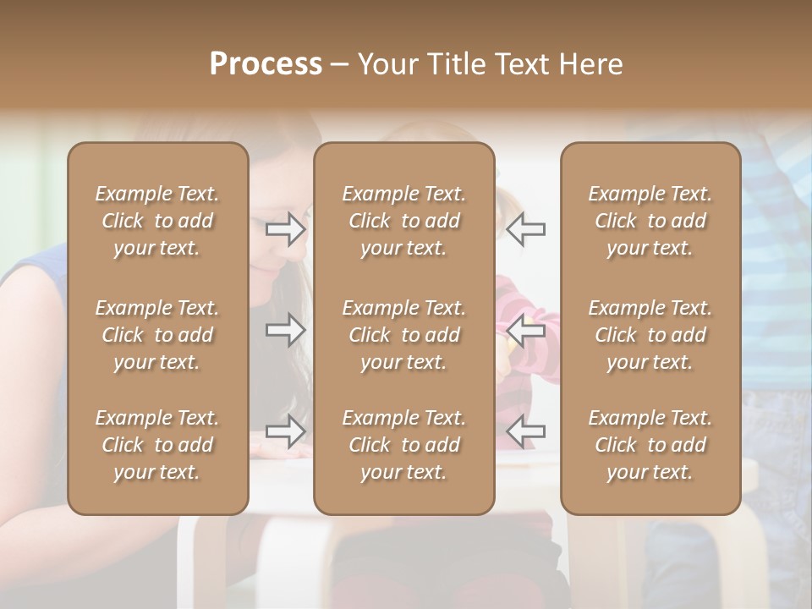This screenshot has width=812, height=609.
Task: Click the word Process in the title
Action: [x=266, y=63]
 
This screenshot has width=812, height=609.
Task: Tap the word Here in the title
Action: [x=590, y=63]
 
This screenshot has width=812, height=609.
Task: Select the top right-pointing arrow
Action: [x=286, y=229]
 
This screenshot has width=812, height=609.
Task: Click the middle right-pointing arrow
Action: [x=286, y=330]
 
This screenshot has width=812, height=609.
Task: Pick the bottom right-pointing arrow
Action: [x=286, y=431]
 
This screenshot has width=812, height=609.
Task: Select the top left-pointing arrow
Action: [x=526, y=229]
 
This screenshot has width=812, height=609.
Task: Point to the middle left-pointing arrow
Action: [x=526, y=330]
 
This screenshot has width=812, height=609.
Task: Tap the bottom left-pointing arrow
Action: [x=526, y=431]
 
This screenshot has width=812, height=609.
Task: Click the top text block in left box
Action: [x=157, y=221]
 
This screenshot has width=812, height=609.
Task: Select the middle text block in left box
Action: [x=157, y=335]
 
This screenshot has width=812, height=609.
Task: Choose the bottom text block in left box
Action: [x=157, y=445]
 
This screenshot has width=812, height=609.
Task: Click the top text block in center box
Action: [x=403, y=221]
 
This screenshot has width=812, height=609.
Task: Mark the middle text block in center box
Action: [x=403, y=335]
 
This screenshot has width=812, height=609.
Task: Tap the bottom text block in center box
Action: [x=403, y=445]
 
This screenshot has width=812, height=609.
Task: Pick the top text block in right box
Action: [x=650, y=221]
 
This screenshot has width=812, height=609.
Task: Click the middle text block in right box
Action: [x=650, y=335]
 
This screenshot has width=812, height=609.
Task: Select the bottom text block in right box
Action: [x=650, y=445]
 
